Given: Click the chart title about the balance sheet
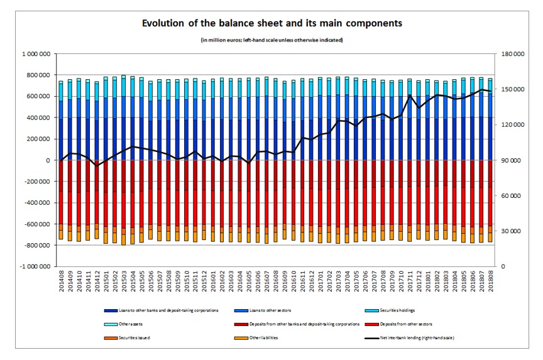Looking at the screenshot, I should point(271,23).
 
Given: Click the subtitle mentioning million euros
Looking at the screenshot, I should point(271,40).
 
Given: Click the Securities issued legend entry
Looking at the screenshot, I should point(126,337).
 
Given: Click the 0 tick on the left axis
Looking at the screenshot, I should point(48,160).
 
